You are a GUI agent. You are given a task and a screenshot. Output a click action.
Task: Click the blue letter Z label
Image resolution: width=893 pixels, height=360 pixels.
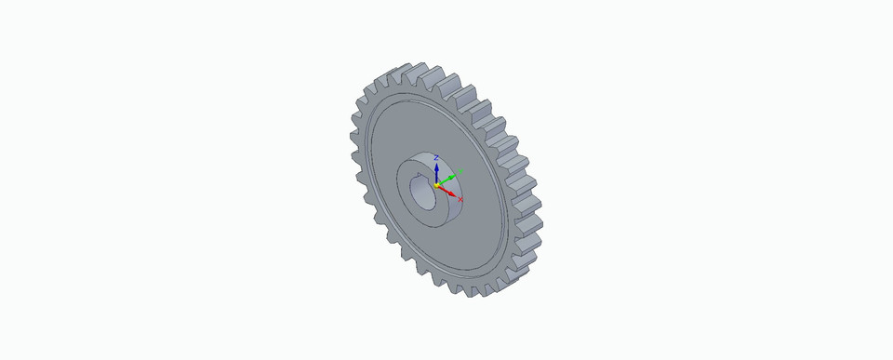pos(436,158)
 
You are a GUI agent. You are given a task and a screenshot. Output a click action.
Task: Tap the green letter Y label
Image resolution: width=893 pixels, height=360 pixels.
pos(460,170)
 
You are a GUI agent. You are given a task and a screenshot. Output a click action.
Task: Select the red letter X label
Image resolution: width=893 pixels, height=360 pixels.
pos(460,199)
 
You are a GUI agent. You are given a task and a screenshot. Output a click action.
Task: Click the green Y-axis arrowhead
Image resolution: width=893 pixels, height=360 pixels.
pos(453,175)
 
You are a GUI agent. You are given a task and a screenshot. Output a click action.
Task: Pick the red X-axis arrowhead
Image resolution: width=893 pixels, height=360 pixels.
pos(452,193)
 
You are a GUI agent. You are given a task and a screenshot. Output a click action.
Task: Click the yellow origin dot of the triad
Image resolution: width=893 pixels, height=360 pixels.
pos(437,185)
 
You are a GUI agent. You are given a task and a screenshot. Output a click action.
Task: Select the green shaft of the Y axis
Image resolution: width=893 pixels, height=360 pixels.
pos(446,180)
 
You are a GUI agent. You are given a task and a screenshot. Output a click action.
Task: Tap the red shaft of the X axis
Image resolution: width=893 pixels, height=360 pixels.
pos(445,189)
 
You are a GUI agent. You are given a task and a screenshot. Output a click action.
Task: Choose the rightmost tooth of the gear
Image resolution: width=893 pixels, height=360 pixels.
pos(538,223)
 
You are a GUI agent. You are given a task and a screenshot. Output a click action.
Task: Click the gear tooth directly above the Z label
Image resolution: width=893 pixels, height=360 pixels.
pos(437,74)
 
